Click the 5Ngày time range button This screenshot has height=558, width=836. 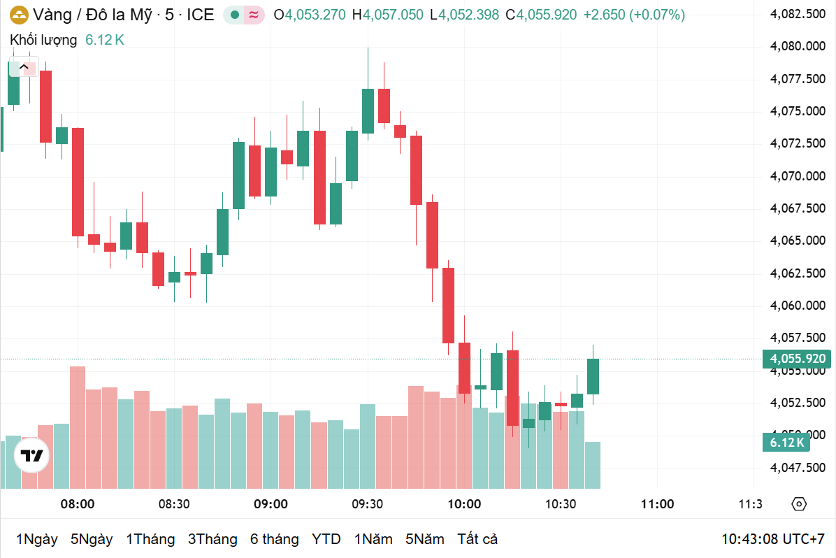92,539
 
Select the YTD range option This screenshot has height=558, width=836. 326,539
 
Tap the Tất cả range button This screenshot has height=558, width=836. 477,539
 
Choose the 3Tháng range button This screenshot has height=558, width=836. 212,539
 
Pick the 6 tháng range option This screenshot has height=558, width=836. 274,539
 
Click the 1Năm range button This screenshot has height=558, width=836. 373,539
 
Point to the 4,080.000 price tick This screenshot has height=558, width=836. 798,46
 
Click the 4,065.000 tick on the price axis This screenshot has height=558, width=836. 798,241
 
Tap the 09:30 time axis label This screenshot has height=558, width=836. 367,504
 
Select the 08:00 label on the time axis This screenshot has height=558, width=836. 77,504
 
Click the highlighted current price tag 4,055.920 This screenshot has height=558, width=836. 798,359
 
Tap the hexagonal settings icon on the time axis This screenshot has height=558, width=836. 799,504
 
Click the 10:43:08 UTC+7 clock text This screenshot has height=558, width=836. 773,539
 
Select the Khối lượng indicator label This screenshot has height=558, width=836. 43,41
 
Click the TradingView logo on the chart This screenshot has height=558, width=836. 31,456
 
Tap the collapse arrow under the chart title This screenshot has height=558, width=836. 24,67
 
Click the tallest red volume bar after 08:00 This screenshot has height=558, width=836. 78,427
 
